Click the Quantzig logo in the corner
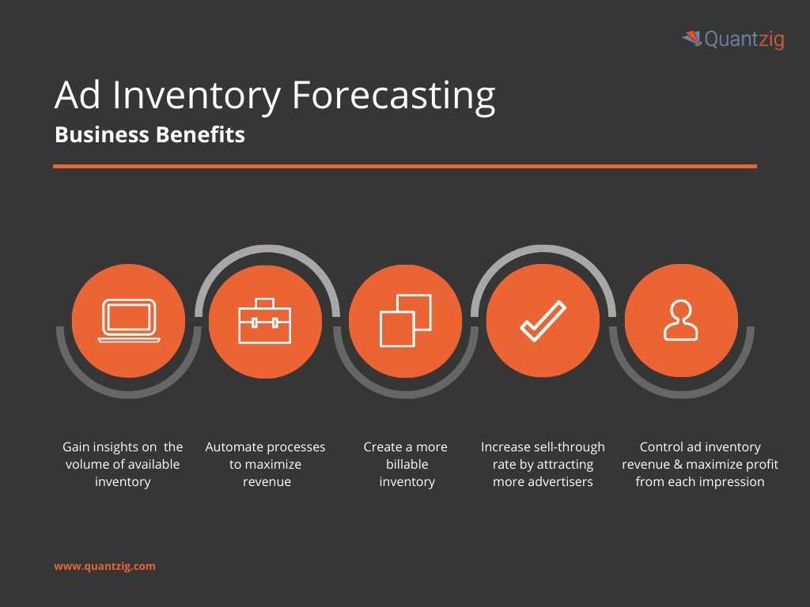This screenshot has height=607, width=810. (733, 39)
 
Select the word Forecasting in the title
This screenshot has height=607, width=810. (393, 96)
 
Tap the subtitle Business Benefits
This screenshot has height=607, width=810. (150, 135)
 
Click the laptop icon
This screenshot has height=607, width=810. (129, 321)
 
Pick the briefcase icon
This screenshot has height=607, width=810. (265, 321)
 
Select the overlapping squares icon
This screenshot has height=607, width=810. (405, 321)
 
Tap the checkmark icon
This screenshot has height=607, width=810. (543, 321)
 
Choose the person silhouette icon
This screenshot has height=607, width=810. (681, 321)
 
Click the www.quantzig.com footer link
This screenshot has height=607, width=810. (104, 566)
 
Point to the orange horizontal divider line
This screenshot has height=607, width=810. (405, 166)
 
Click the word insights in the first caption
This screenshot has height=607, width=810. (115, 447)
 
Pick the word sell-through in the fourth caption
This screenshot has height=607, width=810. (566, 447)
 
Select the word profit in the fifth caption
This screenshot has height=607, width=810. (760, 465)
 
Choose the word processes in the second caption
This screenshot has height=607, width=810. (295, 447)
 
